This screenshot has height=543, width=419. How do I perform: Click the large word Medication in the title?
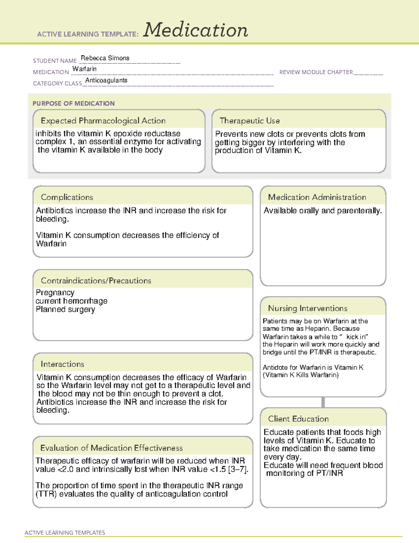coord(196,30)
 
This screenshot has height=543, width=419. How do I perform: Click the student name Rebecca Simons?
coord(105,58)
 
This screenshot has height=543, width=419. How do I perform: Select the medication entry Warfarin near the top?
coord(84,69)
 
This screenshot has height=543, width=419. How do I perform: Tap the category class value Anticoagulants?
coord(106,80)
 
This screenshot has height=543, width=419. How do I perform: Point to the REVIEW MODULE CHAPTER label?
coord(316,72)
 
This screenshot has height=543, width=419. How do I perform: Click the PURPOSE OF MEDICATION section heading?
coord(73,103)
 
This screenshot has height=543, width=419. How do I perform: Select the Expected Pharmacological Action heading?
coord(103,121)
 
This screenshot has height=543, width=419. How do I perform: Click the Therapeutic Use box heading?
coord(249,121)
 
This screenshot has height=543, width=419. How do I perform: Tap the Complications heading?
coord(67,197)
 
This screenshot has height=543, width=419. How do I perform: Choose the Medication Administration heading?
coord(317,197)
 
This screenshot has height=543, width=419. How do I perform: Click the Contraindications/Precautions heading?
coord(96,280)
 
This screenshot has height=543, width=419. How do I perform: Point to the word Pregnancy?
coord(55,292)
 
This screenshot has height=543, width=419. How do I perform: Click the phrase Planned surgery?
coord(65,309)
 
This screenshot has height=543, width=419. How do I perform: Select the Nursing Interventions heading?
coord(307,308)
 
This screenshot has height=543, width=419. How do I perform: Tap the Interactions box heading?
coord(62,364)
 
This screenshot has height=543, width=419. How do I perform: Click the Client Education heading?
coord(298,419)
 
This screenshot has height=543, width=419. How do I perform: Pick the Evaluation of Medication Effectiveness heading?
coord(111,448)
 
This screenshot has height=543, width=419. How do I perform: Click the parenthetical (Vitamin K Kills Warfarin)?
coord(301,375)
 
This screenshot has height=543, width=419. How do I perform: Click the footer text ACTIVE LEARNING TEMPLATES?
coord(65,533)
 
